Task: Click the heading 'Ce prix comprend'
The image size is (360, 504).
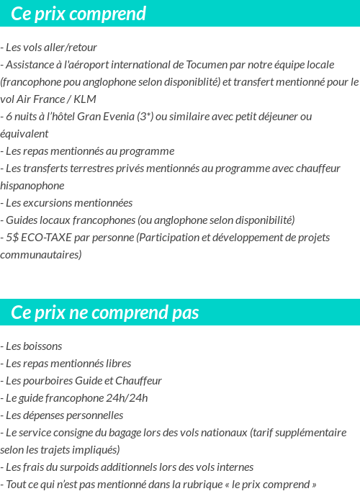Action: pyautogui.click(x=78, y=14)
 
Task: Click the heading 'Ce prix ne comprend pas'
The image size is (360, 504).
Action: pyautogui.click(x=105, y=313)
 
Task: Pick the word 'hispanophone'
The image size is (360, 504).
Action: pyautogui.click(x=32, y=185)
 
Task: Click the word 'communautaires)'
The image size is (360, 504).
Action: pyautogui.click(x=41, y=254)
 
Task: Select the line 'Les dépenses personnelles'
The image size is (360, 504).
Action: pyautogui.click(x=62, y=415)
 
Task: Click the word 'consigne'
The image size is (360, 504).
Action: pyautogui.click(x=88, y=432)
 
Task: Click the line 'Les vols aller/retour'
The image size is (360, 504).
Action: pyautogui.click(x=49, y=47)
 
